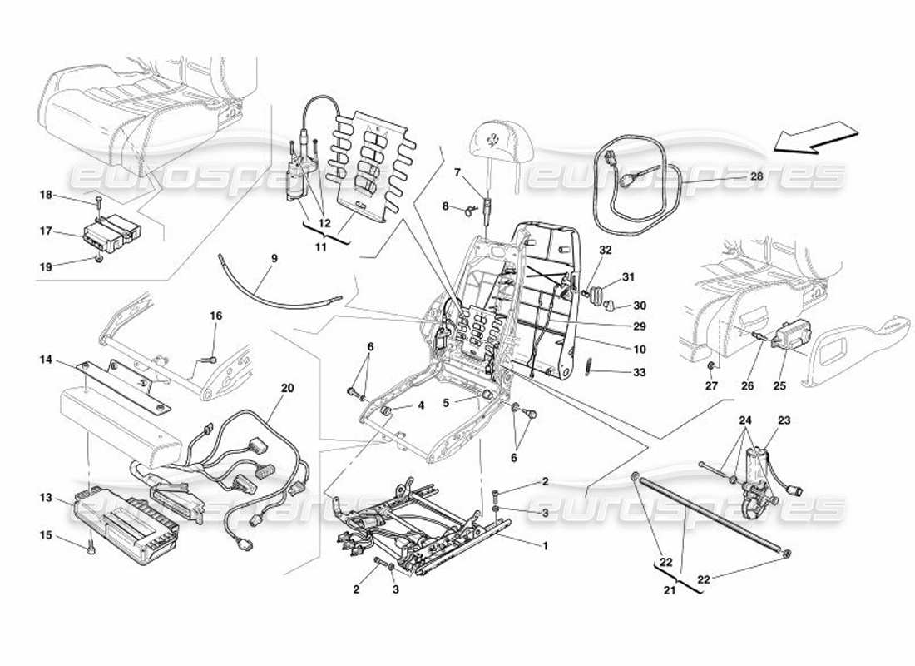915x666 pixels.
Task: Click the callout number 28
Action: tap(755, 177)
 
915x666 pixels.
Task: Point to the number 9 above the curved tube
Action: tap(274, 259)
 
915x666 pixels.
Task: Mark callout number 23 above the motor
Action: tap(784, 420)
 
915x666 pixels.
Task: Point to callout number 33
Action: tap(638, 373)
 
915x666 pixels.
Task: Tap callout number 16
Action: tap(215, 316)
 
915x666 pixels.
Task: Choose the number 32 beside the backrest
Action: tap(605, 250)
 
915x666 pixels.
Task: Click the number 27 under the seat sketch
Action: tap(710, 386)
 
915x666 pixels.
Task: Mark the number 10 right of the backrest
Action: tap(638, 350)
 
